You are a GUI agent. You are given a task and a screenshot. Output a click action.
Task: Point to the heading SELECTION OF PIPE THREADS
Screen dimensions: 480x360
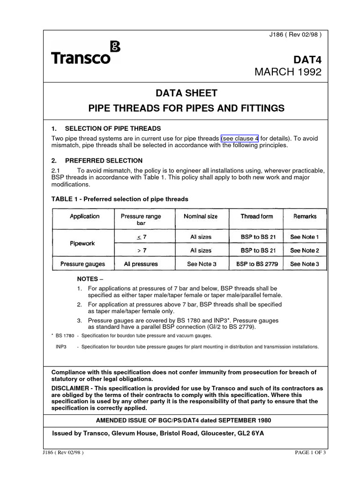(x=112, y=128)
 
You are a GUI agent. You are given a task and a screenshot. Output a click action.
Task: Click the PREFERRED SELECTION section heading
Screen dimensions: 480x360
(x=103, y=160)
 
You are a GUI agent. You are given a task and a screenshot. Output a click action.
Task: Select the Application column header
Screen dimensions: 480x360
(x=84, y=216)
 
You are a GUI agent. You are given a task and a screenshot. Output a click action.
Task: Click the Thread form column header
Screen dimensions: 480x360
(x=256, y=216)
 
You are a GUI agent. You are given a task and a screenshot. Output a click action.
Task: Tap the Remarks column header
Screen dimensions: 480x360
(x=305, y=216)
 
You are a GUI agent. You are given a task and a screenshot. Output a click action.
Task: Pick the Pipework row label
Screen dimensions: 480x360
(x=82, y=244)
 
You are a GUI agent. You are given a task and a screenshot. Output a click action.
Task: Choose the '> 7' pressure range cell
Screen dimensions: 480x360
(x=142, y=250)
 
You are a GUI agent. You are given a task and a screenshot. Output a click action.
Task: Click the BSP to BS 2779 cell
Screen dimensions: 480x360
(x=256, y=264)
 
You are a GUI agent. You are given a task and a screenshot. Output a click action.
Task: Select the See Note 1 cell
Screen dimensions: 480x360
(x=305, y=237)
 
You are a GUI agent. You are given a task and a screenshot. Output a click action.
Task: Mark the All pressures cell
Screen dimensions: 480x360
(x=141, y=264)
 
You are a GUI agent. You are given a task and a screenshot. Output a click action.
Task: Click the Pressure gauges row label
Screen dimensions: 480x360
(x=82, y=264)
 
